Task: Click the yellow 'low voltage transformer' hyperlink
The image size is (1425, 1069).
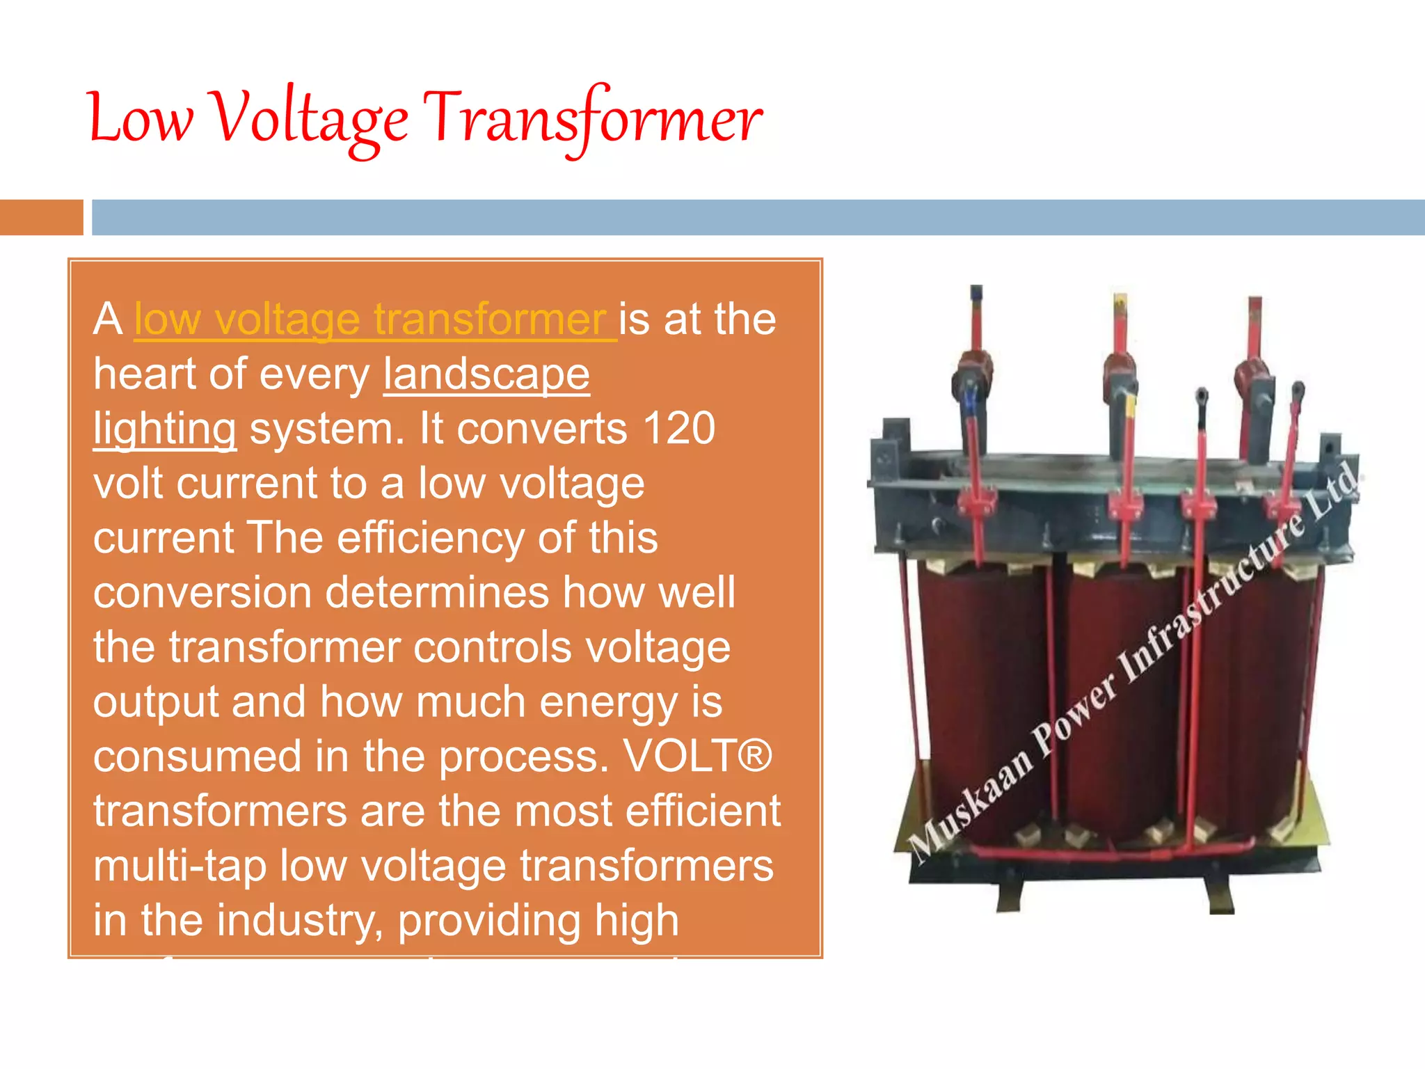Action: coord(374,319)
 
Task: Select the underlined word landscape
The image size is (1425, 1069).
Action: coord(486,374)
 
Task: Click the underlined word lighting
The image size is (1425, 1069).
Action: coord(165,429)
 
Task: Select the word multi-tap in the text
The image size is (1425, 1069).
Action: coord(180,866)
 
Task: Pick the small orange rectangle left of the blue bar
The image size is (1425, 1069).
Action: coord(41,217)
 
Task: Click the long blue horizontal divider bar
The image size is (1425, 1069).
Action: coord(758,217)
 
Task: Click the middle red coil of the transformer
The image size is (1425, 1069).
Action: coord(1120,696)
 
